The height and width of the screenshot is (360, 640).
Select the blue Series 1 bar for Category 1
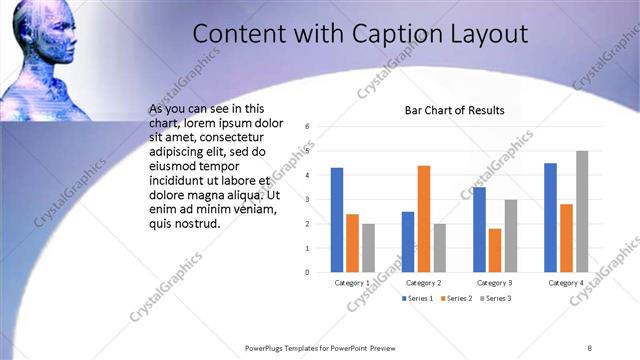pos(337,219)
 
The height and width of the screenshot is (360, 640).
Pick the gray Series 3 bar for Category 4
pos(581,211)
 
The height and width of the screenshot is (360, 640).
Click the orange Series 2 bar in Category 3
pos(495,250)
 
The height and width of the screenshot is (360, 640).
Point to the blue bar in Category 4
pos(551,217)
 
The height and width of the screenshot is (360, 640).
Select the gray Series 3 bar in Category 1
pos(367,247)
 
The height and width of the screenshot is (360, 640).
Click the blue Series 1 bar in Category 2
pos(408,241)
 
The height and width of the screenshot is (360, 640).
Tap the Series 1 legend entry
pos(418,299)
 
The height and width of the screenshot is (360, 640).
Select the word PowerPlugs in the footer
pos(266,347)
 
